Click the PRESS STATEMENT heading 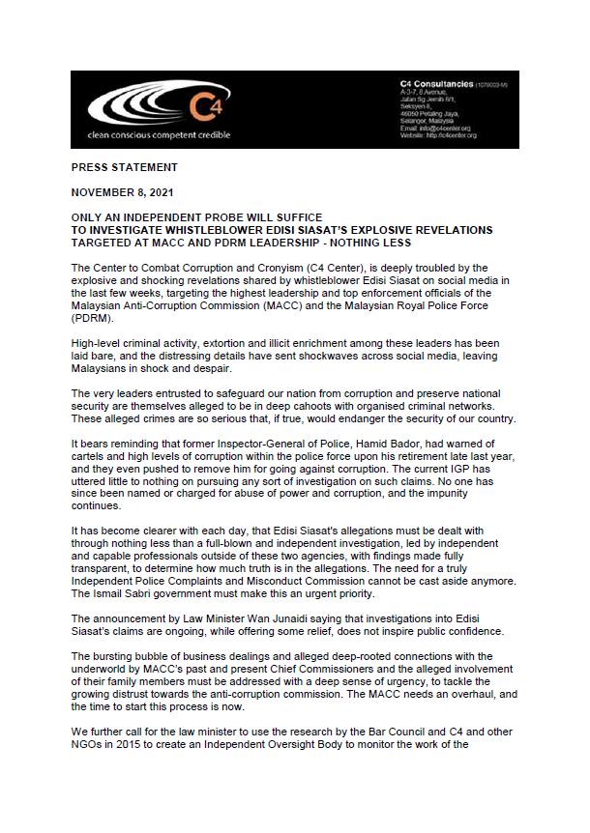pos(123,167)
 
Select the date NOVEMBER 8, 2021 pos(123,192)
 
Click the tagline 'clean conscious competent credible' pos(159,135)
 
